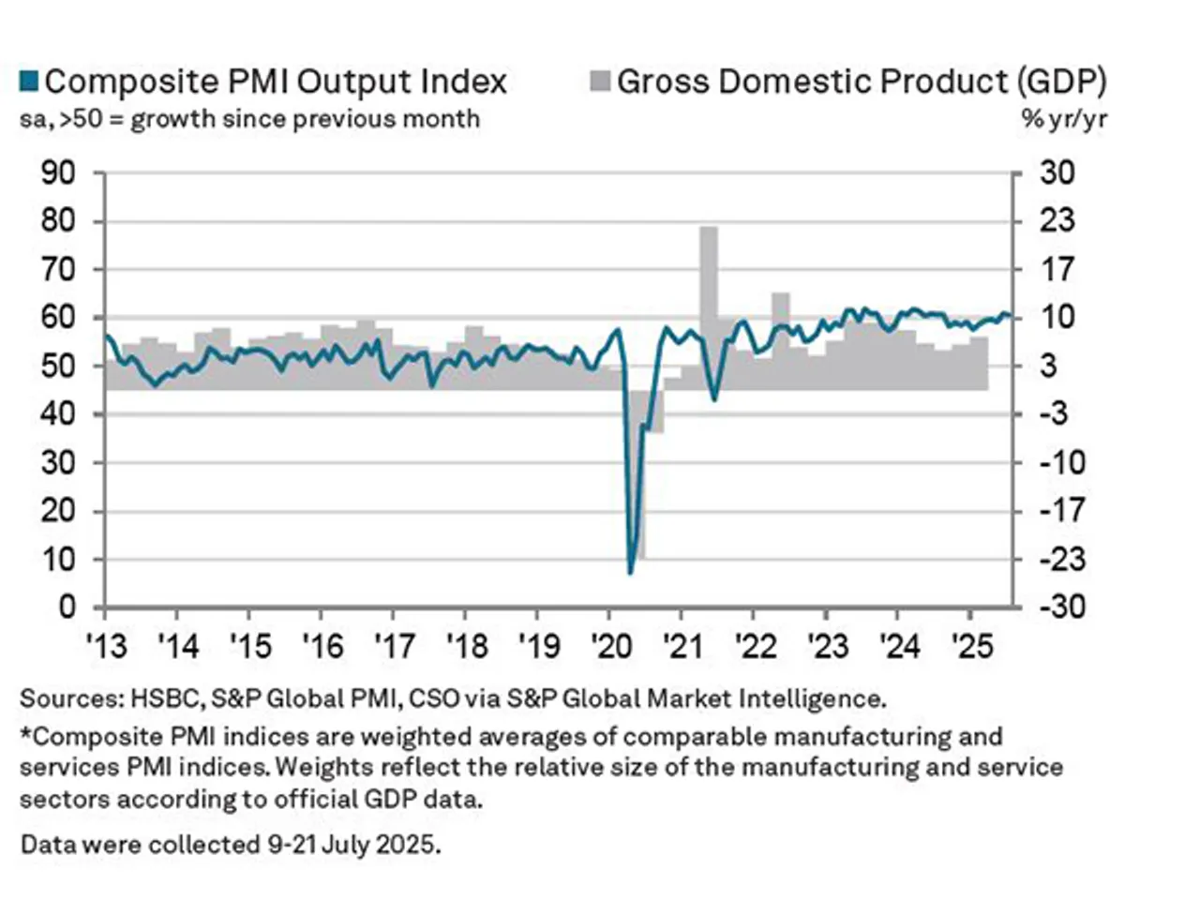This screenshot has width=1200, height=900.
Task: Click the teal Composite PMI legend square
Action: click(x=29, y=82)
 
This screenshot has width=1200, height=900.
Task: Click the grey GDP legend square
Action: click(x=600, y=82)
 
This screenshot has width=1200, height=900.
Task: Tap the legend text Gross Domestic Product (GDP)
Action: click(x=862, y=82)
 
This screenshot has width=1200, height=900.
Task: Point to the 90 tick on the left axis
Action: click(x=58, y=173)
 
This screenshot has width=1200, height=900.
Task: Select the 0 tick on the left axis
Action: click(x=67, y=607)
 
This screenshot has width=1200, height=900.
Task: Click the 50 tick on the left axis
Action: click(x=58, y=367)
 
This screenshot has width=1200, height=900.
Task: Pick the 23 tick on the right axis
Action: click(x=1057, y=221)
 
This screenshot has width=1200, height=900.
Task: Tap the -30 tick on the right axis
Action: click(x=1057, y=607)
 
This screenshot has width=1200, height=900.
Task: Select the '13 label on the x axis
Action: click(x=106, y=646)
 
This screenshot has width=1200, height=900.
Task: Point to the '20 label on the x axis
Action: click(x=610, y=646)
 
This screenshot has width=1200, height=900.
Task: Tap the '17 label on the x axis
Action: click(x=394, y=646)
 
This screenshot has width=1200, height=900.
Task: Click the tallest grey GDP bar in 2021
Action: click(x=709, y=300)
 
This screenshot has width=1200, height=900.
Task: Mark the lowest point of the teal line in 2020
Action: click(x=630, y=572)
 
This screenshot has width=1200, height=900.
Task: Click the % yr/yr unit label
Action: click(x=1063, y=120)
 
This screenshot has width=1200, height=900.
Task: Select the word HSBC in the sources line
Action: click(x=164, y=699)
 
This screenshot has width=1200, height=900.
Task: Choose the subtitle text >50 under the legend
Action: click(x=87, y=120)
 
